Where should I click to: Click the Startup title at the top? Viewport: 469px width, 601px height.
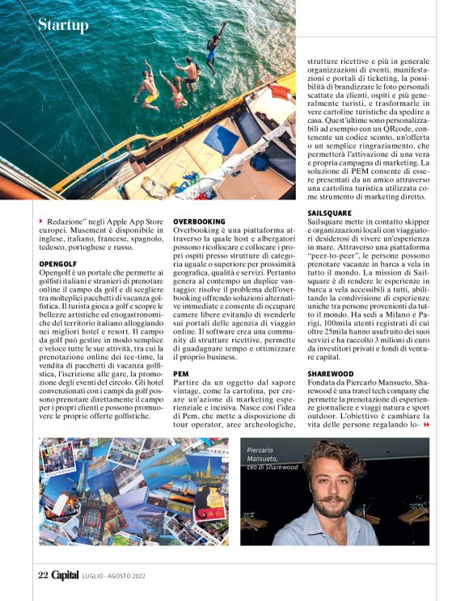63,25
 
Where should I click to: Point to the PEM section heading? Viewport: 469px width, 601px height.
181,374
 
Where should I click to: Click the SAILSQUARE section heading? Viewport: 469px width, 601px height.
329,212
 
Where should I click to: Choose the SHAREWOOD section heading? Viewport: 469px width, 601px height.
330,374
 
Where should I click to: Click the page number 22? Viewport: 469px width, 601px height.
44,575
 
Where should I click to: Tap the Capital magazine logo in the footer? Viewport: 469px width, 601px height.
65,575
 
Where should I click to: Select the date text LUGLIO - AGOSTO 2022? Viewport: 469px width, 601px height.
116,576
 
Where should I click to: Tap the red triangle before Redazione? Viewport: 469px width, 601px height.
41,221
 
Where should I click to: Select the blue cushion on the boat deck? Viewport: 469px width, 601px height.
221,138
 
